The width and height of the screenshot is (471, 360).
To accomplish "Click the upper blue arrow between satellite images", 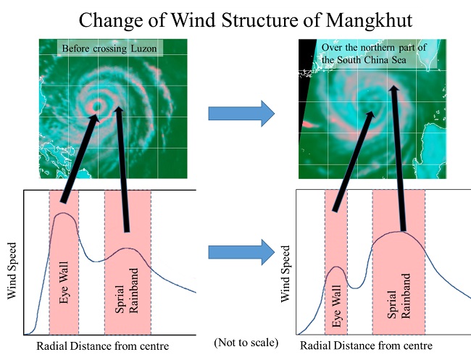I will pos(241,113).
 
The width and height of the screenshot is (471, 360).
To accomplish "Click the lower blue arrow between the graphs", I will pos(241,252).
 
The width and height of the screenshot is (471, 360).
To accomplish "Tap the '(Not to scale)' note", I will pos(246,341).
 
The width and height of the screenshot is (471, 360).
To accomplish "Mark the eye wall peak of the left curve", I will pos(63,214).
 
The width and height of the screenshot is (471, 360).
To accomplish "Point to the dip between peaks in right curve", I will pos(354,287).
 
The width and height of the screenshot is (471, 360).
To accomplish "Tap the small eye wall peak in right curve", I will pos(335,267).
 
